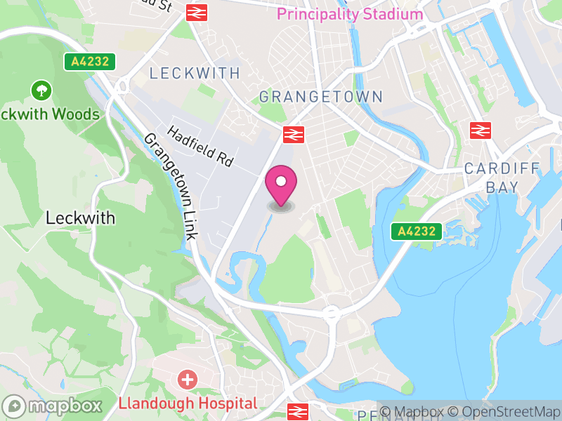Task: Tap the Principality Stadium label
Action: coord(350,14)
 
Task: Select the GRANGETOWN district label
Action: coord(321,97)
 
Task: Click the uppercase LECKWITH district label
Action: coord(195,73)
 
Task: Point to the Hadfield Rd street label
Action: coord(200,146)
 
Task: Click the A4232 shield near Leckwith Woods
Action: coord(90,62)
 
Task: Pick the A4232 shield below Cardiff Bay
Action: coord(417,232)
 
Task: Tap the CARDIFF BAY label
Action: coord(502,178)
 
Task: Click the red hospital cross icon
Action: coord(188,381)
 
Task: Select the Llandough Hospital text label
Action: coord(188,403)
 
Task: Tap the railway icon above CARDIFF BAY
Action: coord(480,130)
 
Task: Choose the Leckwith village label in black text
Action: coord(80,218)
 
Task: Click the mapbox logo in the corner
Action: coord(53,406)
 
